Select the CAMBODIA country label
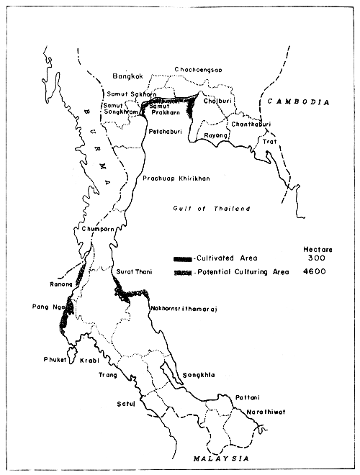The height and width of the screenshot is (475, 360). [297, 103]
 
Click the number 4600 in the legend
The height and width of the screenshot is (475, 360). [315, 272]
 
